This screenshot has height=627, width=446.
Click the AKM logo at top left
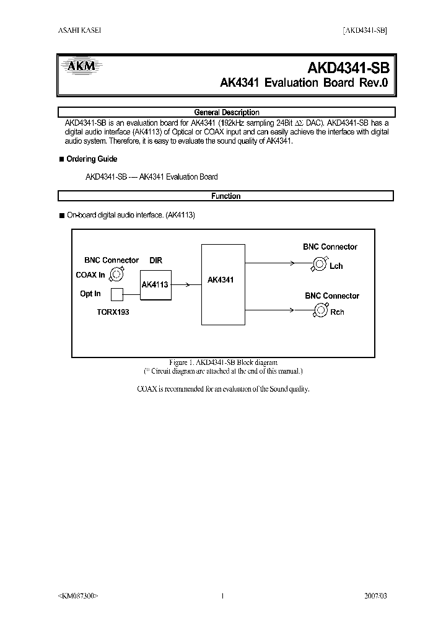click(78, 67)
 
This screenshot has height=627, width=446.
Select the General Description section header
click(226, 113)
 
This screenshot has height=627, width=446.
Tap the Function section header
click(226, 196)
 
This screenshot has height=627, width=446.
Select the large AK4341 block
click(220, 283)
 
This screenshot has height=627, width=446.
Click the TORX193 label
click(113, 312)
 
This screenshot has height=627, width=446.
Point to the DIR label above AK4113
click(155, 261)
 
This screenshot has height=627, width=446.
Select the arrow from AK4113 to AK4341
click(186, 285)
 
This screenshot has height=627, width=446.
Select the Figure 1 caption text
click(223, 362)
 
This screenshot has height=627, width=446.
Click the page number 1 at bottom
click(222, 596)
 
